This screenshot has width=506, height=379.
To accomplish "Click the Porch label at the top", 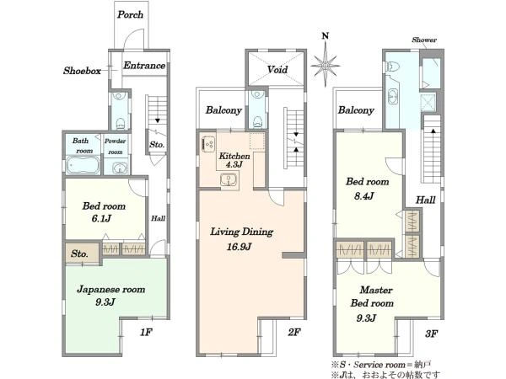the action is tap(130, 14).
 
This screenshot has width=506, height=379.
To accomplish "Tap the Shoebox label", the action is tap(82, 71).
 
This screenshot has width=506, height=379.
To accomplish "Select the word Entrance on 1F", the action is tap(144, 66).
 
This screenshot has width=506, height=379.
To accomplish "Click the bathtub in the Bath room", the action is tap(83, 165).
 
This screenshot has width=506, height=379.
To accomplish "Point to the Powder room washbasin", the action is tap(120, 168).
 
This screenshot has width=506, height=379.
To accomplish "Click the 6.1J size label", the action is tap(101, 219).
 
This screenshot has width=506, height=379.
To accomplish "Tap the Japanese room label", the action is tap(110, 290).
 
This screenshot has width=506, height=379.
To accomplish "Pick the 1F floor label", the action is tap(146, 332).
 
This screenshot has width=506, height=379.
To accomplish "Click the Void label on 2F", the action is tap(277, 69).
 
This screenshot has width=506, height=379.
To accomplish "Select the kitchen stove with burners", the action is tap(207, 144).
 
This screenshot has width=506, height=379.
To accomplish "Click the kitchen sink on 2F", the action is tap(229, 179).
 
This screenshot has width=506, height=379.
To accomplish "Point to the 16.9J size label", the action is tap(239, 247).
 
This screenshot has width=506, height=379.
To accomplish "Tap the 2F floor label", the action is tap(294, 332).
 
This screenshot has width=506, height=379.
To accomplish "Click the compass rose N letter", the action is tap(326, 35).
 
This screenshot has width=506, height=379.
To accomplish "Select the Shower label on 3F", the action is tap(424, 40).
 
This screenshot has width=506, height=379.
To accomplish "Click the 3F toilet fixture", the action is tap(392, 67).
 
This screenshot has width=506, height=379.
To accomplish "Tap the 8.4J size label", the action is tap(363, 195).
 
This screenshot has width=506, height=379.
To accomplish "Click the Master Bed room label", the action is tap(372, 296).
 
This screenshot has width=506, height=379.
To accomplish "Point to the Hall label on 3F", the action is tap(425, 200).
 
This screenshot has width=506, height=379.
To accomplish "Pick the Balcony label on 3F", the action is tap(356, 110).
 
